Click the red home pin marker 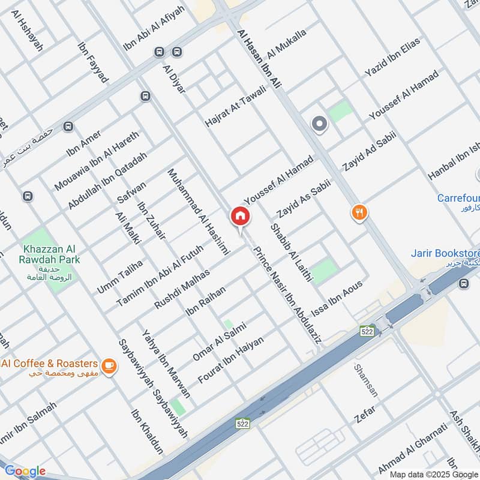coord(240,217)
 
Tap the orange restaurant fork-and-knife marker coord(359,212)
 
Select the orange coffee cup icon coord(108,365)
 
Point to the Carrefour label coord(458,198)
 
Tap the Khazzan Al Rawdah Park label coord(52,254)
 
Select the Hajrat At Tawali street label coord(235,106)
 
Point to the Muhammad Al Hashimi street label coord(199,213)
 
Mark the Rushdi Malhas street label coord(182,289)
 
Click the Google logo coord(25,470)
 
